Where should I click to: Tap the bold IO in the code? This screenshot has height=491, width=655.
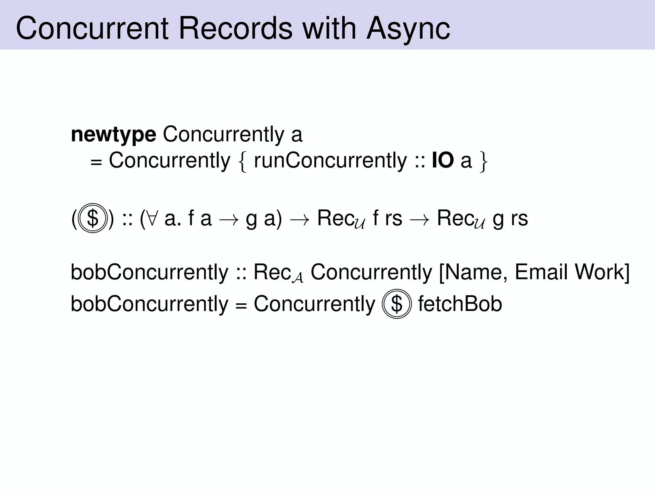click(x=443, y=160)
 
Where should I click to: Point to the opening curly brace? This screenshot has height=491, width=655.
click(x=243, y=161)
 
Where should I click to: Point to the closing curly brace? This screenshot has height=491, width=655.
click(x=483, y=161)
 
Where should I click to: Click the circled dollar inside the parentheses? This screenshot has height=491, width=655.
click(x=92, y=218)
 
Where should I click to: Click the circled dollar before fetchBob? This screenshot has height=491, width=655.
click(x=397, y=304)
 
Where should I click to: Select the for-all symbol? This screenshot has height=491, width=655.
click(x=152, y=218)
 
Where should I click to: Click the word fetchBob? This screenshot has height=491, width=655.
click(x=460, y=303)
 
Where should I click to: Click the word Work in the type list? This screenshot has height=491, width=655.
click(x=599, y=272)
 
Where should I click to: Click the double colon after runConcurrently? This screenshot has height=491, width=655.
click(x=420, y=161)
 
